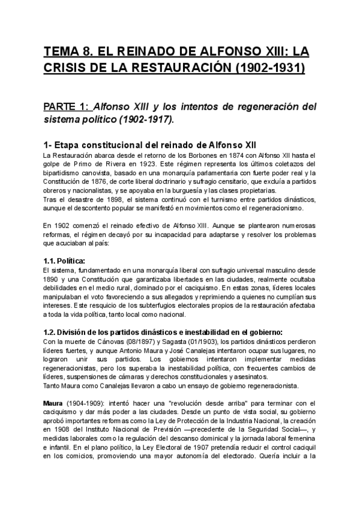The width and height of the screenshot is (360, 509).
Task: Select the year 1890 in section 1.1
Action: click(53, 279)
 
